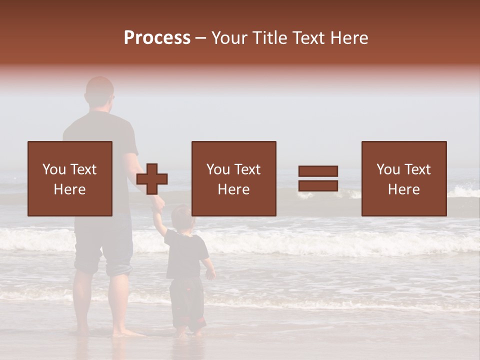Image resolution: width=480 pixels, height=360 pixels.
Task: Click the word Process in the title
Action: click(157, 37)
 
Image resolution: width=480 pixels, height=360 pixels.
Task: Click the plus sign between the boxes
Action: click(152, 179)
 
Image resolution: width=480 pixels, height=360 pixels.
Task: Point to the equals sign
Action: click(318, 178)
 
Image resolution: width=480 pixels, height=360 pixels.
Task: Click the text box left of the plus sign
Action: click(70, 178)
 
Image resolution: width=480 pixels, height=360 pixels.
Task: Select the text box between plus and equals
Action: click(233, 178)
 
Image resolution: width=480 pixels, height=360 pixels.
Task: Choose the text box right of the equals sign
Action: click(403, 178)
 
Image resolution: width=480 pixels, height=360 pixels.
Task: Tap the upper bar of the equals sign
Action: click(318, 171)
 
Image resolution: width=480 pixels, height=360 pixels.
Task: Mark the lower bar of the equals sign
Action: click(318, 185)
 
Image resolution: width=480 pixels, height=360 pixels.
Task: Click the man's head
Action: click(99, 91)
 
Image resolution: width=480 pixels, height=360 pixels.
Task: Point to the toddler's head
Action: click(181, 216)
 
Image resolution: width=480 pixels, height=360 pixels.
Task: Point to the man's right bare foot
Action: click(125, 332)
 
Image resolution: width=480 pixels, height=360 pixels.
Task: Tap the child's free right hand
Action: click(210, 274)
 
